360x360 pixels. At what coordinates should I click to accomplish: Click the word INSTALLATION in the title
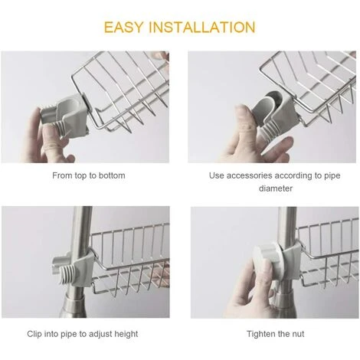point(205,27)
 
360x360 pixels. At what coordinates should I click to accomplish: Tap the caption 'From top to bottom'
point(90,175)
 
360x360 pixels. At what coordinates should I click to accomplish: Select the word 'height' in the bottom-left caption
point(126,334)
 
